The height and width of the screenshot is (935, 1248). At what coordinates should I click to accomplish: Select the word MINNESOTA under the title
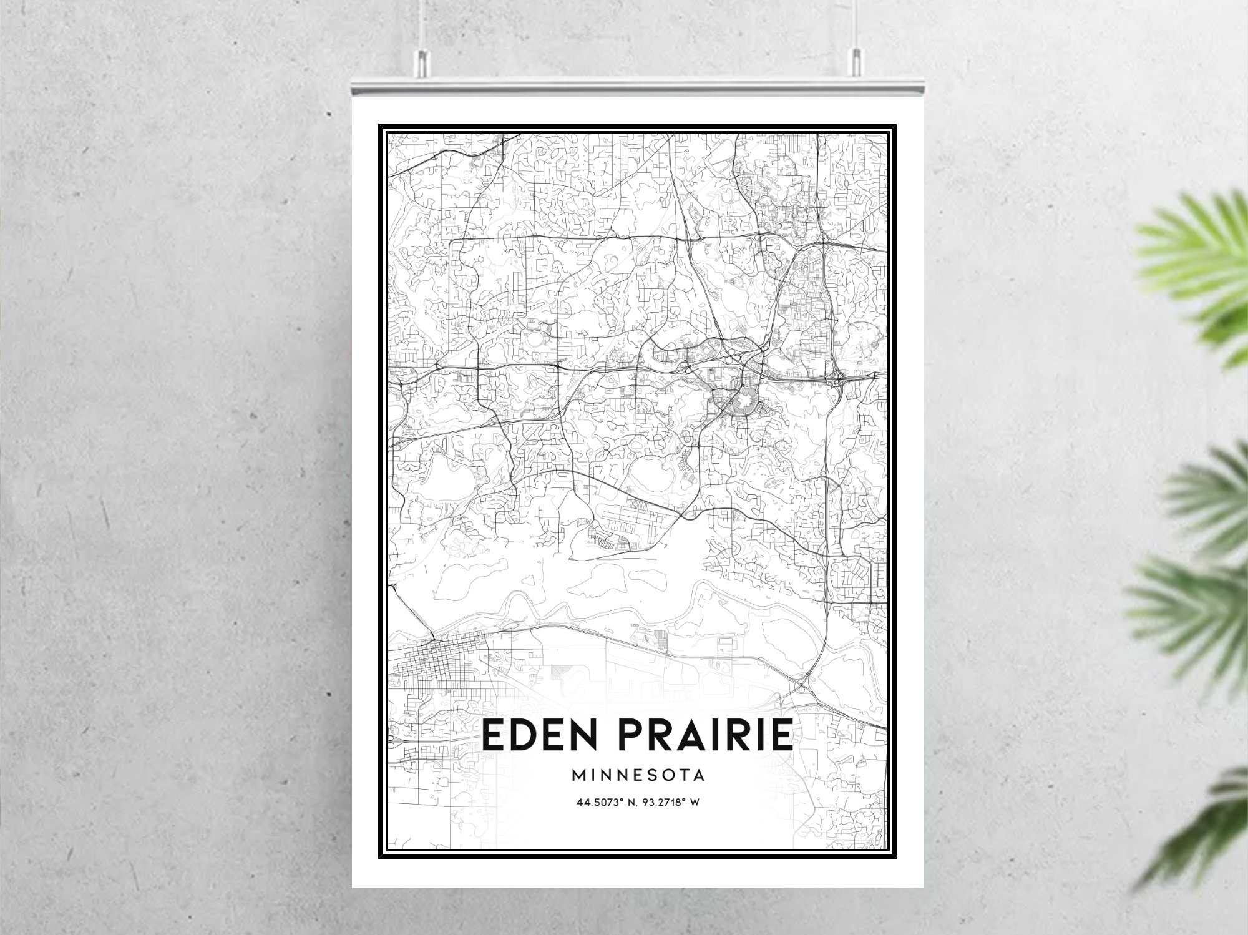click(638, 775)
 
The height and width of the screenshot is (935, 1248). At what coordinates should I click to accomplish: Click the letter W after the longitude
click(695, 802)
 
